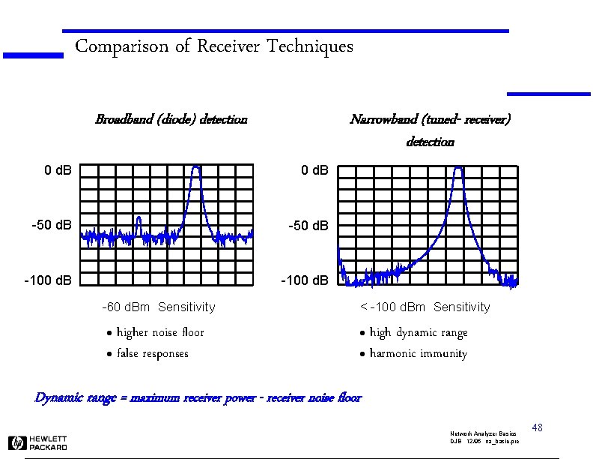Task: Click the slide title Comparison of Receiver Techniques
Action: (214, 47)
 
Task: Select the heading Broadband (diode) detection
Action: (171, 119)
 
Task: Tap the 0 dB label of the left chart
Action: (58, 170)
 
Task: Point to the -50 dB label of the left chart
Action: (52, 225)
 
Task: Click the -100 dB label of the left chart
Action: (49, 280)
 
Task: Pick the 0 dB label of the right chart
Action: (314, 170)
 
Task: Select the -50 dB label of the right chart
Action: (308, 225)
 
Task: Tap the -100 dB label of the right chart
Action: (305, 280)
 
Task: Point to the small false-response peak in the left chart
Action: (139, 220)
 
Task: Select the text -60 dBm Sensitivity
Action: (158, 307)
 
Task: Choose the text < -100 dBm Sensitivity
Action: (425, 307)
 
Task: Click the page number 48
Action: (536, 427)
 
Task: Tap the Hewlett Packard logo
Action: (37, 442)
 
